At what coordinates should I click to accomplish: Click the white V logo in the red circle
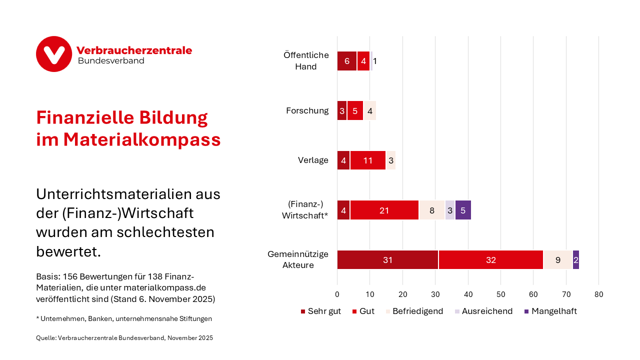54,54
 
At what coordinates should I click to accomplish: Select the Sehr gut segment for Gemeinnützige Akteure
387,260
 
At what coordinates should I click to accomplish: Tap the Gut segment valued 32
490,260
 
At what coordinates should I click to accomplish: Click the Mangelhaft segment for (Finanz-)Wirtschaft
463,210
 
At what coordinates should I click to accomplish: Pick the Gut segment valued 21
384,210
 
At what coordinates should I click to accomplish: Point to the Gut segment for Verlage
368,160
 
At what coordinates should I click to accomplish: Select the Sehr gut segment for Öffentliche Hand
347,61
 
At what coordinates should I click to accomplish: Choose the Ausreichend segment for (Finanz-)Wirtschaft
450,210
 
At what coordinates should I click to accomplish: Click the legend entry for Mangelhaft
550,311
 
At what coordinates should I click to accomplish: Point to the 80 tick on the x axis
598,294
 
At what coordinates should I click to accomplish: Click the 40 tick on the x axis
468,294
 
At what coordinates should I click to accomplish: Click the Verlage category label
313,160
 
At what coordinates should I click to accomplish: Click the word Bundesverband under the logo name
111,61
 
